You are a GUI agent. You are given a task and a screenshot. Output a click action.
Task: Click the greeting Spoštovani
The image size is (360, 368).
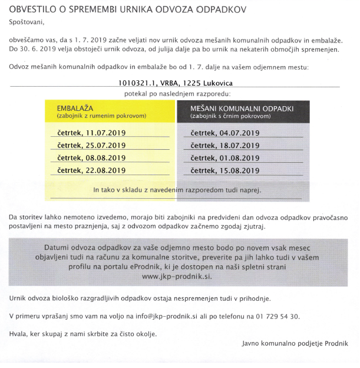pyautogui.click(x=26, y=22)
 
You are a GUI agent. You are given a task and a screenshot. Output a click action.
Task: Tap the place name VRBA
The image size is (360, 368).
pyautogui.click(x=176, y=84)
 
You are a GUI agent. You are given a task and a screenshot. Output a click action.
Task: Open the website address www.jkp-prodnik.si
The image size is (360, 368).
pyautogui.click(x=176, y=276)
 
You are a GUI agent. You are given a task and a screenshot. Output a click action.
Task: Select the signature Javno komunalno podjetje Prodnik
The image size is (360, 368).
pyautogui.click(x=295, y=343)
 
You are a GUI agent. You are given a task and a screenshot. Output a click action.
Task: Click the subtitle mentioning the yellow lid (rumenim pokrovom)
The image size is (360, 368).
pyautogui.click(x=101, y=116)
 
